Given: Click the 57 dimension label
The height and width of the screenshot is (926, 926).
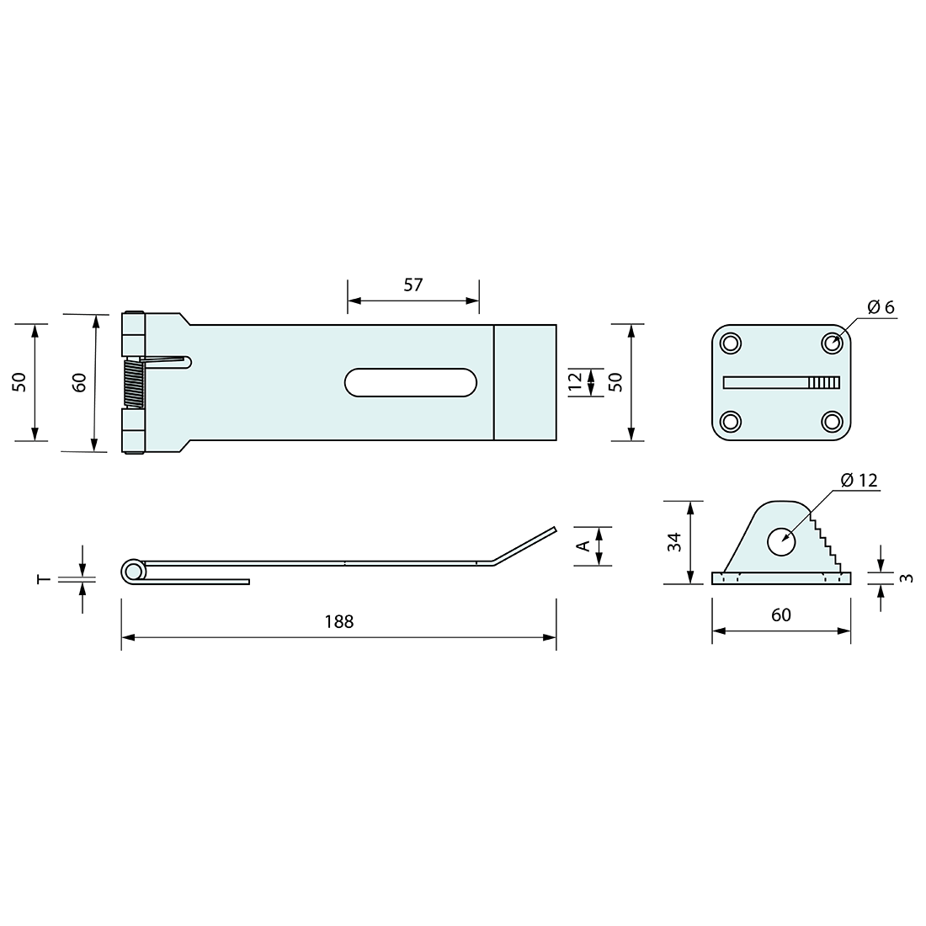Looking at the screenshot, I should (x=412, y=285).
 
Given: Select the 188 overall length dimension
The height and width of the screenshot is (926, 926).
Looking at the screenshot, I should (x=339, y=621).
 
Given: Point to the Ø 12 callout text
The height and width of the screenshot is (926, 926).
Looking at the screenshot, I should (x=859, y=480).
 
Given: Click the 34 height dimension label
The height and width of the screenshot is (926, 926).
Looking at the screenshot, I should (x=674, y=542).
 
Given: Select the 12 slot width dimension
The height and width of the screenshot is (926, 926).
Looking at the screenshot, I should (x=575, y=381).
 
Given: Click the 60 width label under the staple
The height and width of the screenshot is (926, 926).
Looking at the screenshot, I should (x=780, y=615).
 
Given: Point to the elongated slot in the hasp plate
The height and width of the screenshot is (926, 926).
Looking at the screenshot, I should (x=411, y=382).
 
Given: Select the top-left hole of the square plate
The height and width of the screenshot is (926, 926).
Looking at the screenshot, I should (x=730, y=343).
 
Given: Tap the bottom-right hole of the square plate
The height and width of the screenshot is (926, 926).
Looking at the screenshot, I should (x=833, y=421).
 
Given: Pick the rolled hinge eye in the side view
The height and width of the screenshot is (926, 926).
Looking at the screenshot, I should (x=132, y=572).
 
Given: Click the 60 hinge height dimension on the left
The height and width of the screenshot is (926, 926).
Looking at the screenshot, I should (x=80, y=383).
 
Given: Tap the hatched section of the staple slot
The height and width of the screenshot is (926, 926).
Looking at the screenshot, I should (x=824, y=382).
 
